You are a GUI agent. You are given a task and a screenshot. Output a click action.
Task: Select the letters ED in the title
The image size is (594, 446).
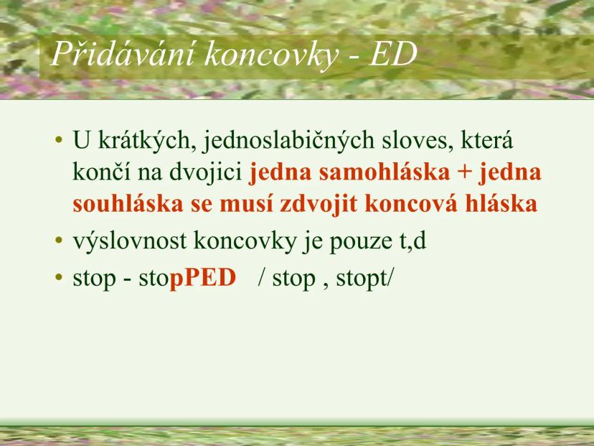[392, 55]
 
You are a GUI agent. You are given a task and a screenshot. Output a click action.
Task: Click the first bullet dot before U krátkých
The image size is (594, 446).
[59, 141]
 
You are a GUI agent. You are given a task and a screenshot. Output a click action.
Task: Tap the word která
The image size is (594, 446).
[488, 141]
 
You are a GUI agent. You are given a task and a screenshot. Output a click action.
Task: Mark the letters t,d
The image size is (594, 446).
[412, 241]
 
